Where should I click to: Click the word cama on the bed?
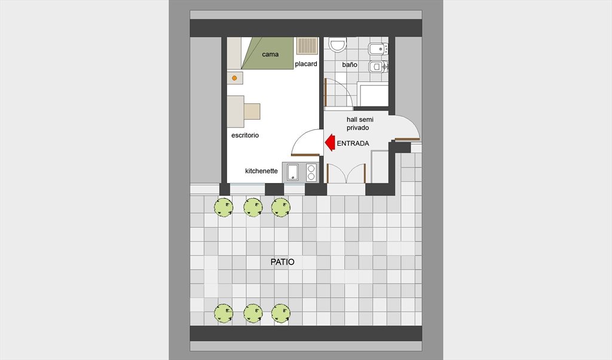pyautogui.click(x=270, y=54)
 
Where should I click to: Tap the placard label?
pyautogui.click(x=306, y=63)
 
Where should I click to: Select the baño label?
pyautogui.click(x=349, y=65)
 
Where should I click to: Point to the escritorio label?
pyautogui.click(x=245, y=135)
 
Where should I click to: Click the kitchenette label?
pyautogui.click(x=262, y=170)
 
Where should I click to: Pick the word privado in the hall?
pyautogui.click(x=358, y=128)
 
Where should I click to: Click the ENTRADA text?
pyautogui.click(x=353, y=144)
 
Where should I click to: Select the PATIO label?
pyautogui.click(x=283, y=262)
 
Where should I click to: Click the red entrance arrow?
pyautogui.click(x=330, y=142)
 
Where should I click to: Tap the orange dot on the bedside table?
pyautogui.click(x=234, y=78)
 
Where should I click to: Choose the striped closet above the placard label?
pyautogui.click(x=307, y=45)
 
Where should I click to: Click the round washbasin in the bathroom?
pyautogui.click(x=338, y=45)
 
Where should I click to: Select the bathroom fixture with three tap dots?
pyautogui.click(x=378, y=49)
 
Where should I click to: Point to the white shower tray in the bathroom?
pyautogui.click(x=374, y=95)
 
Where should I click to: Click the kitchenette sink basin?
pyautogui.click(x=293, y=172)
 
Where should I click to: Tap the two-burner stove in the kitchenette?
pyautogui.click(x=311, y=172)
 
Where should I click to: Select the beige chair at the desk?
pyautogui.click(x=252, y=111)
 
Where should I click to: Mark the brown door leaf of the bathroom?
pyautogui.click(x=325, y=92)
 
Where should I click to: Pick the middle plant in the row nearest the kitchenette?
pyautogui.click(x=253, y=207)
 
